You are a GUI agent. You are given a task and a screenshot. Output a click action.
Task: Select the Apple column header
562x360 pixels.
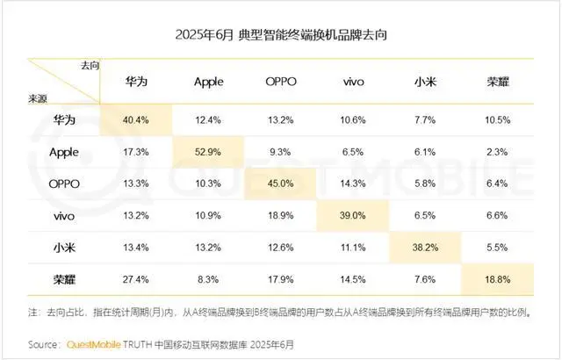click(x=208, y=83)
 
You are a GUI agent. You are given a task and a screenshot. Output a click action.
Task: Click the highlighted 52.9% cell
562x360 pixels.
click(x=208, y=151)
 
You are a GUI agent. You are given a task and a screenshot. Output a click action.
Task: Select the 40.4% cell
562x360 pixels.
click(x=136, y=118)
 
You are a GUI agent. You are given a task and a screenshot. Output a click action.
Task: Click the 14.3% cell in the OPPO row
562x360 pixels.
click(x=353, y=184)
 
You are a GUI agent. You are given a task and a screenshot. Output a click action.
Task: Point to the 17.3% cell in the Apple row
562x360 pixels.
click(x=136, y=151)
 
